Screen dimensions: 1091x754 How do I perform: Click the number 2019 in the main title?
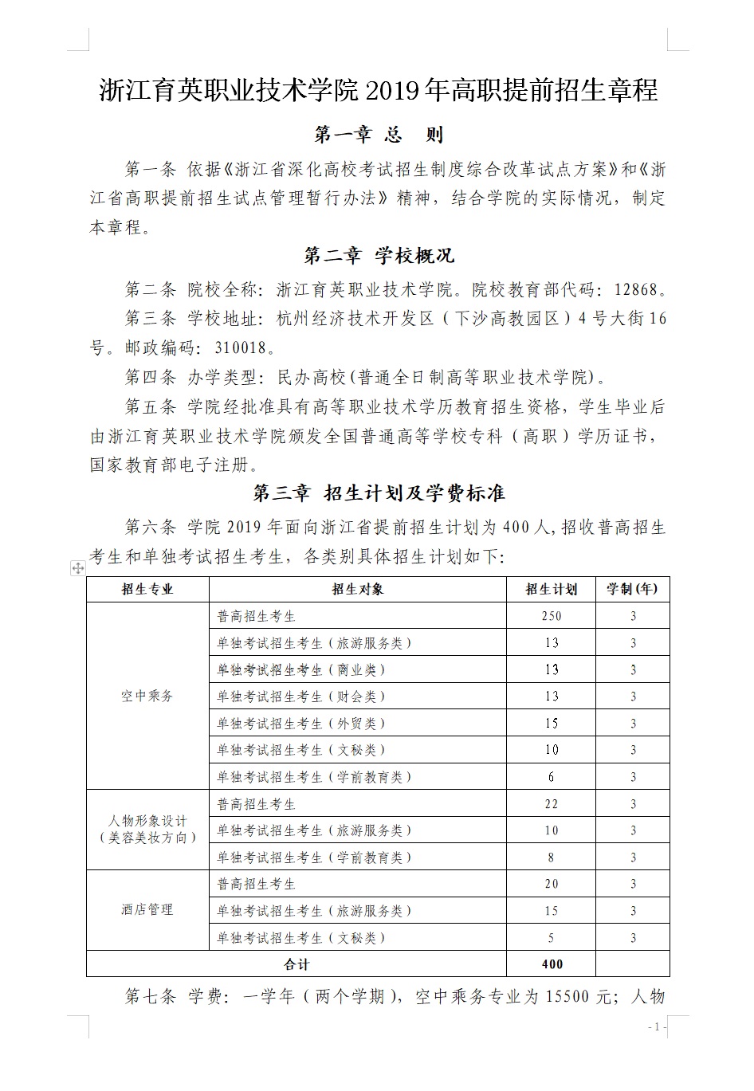coord(393,91)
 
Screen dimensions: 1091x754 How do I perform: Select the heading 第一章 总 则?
coord(379,135)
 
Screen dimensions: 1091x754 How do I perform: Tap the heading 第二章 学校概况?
coord(379,256)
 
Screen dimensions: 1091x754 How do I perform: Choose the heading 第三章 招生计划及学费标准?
coord(379,493)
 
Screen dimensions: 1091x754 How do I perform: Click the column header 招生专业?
coord(147,589)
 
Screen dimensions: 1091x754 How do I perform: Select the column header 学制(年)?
coord(632,589)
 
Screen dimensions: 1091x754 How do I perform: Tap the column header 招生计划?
coord(551,589)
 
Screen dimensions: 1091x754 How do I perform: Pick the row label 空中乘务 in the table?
coord(147,696)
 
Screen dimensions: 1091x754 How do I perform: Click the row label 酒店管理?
coord(147,909)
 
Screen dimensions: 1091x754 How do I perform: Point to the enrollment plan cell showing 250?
coord(551,616)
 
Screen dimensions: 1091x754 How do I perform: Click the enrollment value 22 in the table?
coord(551,804)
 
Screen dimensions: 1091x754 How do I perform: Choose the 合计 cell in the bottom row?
coord(296,963)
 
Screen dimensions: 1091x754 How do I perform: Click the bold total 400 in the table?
coord(551,963)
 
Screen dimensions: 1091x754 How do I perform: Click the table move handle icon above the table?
coord(78,568)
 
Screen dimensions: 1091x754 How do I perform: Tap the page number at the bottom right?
coord(657,1027)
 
